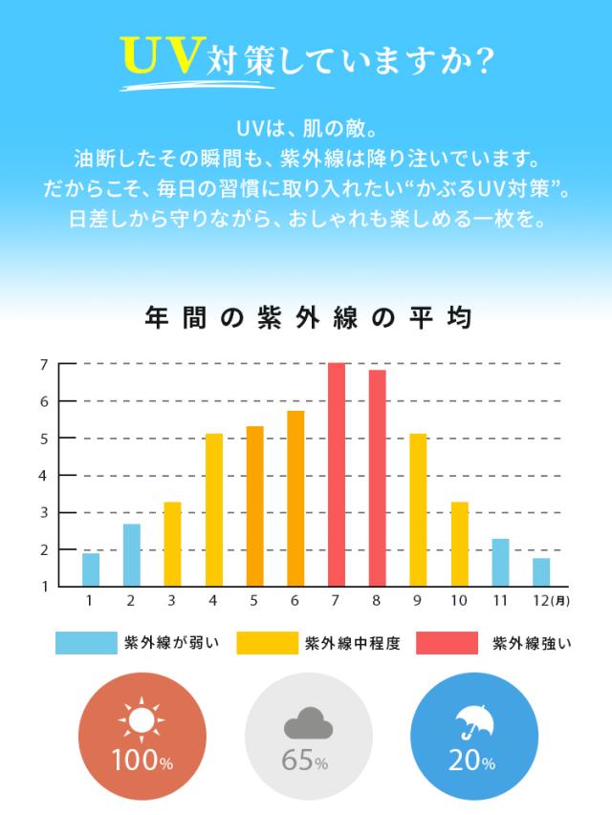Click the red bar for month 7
click(336, 475)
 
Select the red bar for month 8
click(377, 478)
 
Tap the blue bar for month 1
click(91, 569)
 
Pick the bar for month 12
click(541, 571)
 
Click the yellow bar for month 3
click(172, 544)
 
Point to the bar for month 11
click(500, 562)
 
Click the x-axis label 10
click(459, 601)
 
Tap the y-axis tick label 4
click(44, 475)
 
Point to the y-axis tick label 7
click(44, 364)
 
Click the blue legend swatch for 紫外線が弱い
click(85, 642)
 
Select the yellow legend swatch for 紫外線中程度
click(265, 642)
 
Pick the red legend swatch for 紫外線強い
click(446, 642)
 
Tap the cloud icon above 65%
click(307, 725)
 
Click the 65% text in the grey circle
click(306, 762)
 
